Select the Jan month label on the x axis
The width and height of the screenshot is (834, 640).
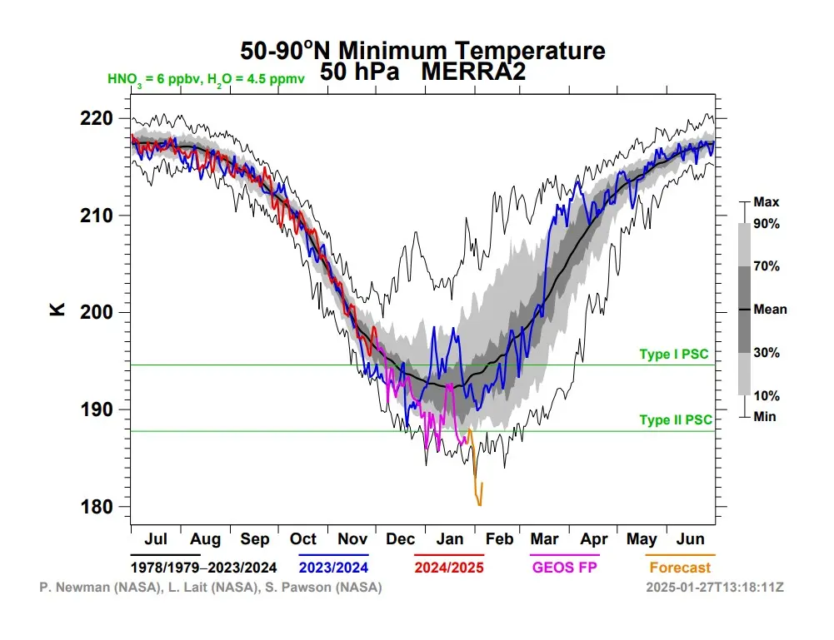[x=451, y=538]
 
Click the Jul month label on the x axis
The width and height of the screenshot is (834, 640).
[x=155, y=538]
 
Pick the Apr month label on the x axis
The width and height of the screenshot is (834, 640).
[x=593, y=538]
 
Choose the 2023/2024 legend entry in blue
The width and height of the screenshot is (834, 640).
[x=333, y=568]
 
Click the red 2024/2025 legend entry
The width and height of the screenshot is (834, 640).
[x=449, y=568]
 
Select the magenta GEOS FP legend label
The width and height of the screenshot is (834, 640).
[x=565, y=568]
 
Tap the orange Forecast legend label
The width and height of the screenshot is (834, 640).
[x=681, y=568]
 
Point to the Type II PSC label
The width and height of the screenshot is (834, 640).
[x=676, y=420]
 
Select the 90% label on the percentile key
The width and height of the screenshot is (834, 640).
[x=766, y=224]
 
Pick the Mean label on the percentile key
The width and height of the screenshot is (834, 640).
[x=770, y=310]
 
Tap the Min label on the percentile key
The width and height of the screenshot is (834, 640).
[x=764, y=416]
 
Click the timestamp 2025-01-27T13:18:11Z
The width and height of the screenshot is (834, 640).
[x=715, y=588]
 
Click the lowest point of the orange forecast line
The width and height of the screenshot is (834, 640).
[x=479, y=505]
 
